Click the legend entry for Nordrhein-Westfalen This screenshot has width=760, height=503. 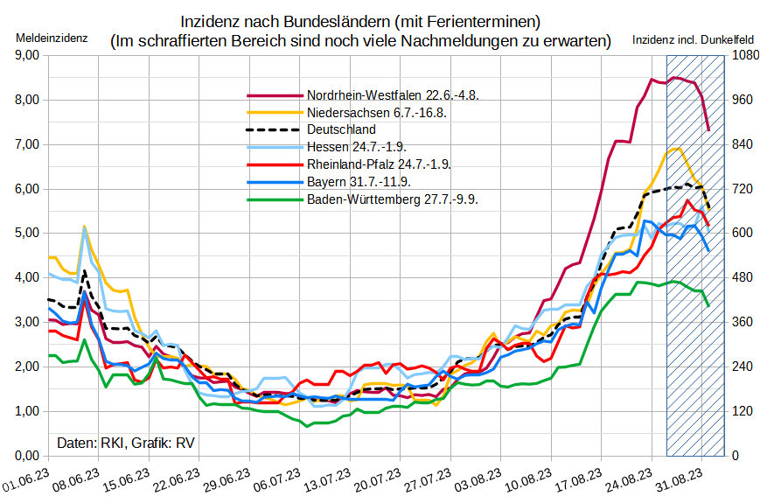coord(393,94)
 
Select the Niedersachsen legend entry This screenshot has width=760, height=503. coord(377,112)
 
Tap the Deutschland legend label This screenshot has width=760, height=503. coord(341,129)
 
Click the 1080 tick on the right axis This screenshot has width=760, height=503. coord(742,55)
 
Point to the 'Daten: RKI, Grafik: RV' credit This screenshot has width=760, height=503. coord(126,443)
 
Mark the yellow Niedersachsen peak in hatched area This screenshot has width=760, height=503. coord(676,148)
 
